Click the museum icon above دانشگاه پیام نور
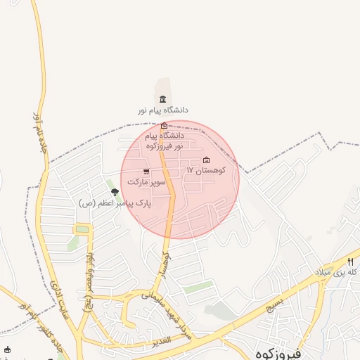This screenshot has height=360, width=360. point(163,99)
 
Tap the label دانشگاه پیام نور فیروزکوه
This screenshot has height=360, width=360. point(165,140)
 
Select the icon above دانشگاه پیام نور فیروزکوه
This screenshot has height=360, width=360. point(164,125)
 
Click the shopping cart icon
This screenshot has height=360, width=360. point(146,171)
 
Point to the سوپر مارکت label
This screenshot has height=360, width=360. point(146,181)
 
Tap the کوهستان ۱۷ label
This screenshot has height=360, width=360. point(205,171)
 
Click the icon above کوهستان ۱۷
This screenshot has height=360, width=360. point(206,160)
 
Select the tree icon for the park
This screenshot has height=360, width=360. point(115,192)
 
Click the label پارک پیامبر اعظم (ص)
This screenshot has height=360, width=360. point(105,203)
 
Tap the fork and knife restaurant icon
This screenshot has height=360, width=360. point(350,261)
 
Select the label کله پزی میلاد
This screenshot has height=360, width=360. point(345,271)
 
